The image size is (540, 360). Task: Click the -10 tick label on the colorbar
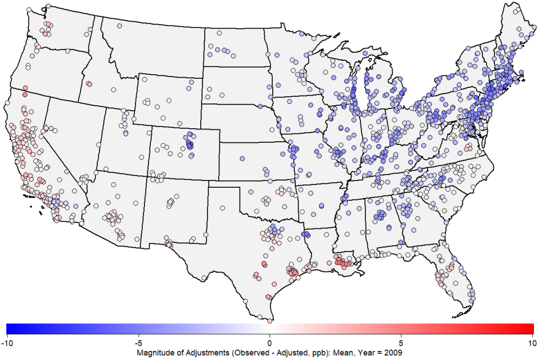click(6, 341)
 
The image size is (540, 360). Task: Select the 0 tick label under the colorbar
click(270, 341)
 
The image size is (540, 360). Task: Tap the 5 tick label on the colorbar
click(401, 341)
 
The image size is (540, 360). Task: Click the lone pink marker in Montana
click(119, 26)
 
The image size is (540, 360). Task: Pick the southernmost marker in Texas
click(269, 321)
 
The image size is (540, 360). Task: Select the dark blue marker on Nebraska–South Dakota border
click(260, 106)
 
